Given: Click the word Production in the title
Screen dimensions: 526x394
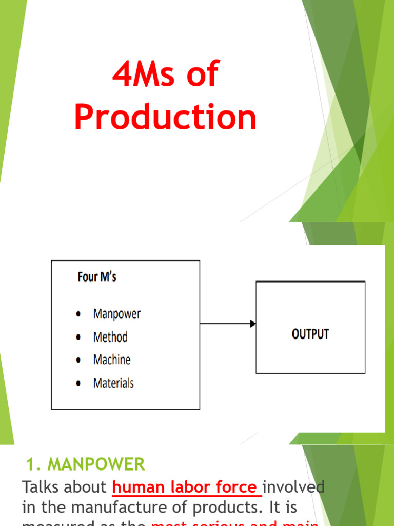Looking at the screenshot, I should [x=165, y=117].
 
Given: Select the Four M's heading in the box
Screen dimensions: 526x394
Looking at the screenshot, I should [x=97, y=277].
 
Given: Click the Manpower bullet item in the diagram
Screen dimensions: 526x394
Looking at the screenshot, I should [x=116, y=314].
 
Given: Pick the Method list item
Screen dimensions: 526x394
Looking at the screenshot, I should [x=110, y=337].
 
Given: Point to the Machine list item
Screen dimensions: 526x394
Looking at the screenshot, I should [x=112, y=360].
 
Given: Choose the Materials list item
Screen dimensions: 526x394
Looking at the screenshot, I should [x=113, y=383].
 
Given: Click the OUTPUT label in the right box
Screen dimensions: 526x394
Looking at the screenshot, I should [x=310, y=334].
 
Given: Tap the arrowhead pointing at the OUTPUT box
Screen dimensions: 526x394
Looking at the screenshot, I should [x=252, y=324].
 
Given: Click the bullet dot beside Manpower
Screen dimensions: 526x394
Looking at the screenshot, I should [x=78, y=314].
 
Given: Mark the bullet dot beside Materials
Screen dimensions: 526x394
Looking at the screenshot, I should [x=78, y=384].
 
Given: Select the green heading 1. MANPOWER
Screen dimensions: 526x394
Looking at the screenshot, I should [x=86, y=465].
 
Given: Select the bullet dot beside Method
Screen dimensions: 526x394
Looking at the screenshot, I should [x=78, y=337].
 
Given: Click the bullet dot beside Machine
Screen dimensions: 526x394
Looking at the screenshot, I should [x=78, y=361].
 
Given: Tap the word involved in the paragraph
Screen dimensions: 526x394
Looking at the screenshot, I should [x=295, y=486].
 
